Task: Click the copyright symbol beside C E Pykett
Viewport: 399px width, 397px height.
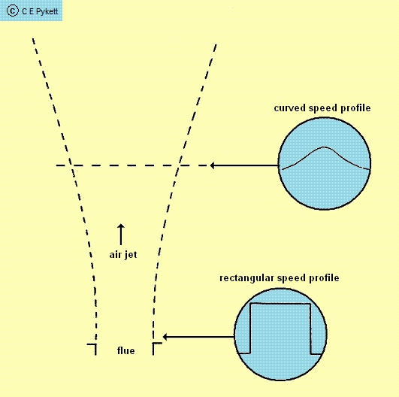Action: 13,11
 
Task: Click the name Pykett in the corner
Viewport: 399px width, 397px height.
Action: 47,12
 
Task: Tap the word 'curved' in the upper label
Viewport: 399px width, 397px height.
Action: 290,108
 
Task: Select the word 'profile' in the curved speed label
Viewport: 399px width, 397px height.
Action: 355,108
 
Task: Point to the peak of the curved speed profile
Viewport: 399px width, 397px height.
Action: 324,147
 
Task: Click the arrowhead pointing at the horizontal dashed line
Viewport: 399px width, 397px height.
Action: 213,165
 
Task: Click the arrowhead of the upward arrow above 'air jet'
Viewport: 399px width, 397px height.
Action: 121,226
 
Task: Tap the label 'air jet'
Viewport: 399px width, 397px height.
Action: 123,255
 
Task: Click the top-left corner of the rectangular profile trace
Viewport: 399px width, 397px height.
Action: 251,304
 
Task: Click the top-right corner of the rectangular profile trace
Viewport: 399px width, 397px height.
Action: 310,304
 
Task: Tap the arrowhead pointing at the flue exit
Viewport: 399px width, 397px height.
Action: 165,337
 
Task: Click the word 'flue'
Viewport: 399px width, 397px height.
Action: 126,350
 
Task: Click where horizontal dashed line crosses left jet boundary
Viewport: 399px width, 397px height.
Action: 71,165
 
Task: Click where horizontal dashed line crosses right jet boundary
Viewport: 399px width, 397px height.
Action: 178,165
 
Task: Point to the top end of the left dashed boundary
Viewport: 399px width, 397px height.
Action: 33,39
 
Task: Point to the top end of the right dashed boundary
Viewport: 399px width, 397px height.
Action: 216,45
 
